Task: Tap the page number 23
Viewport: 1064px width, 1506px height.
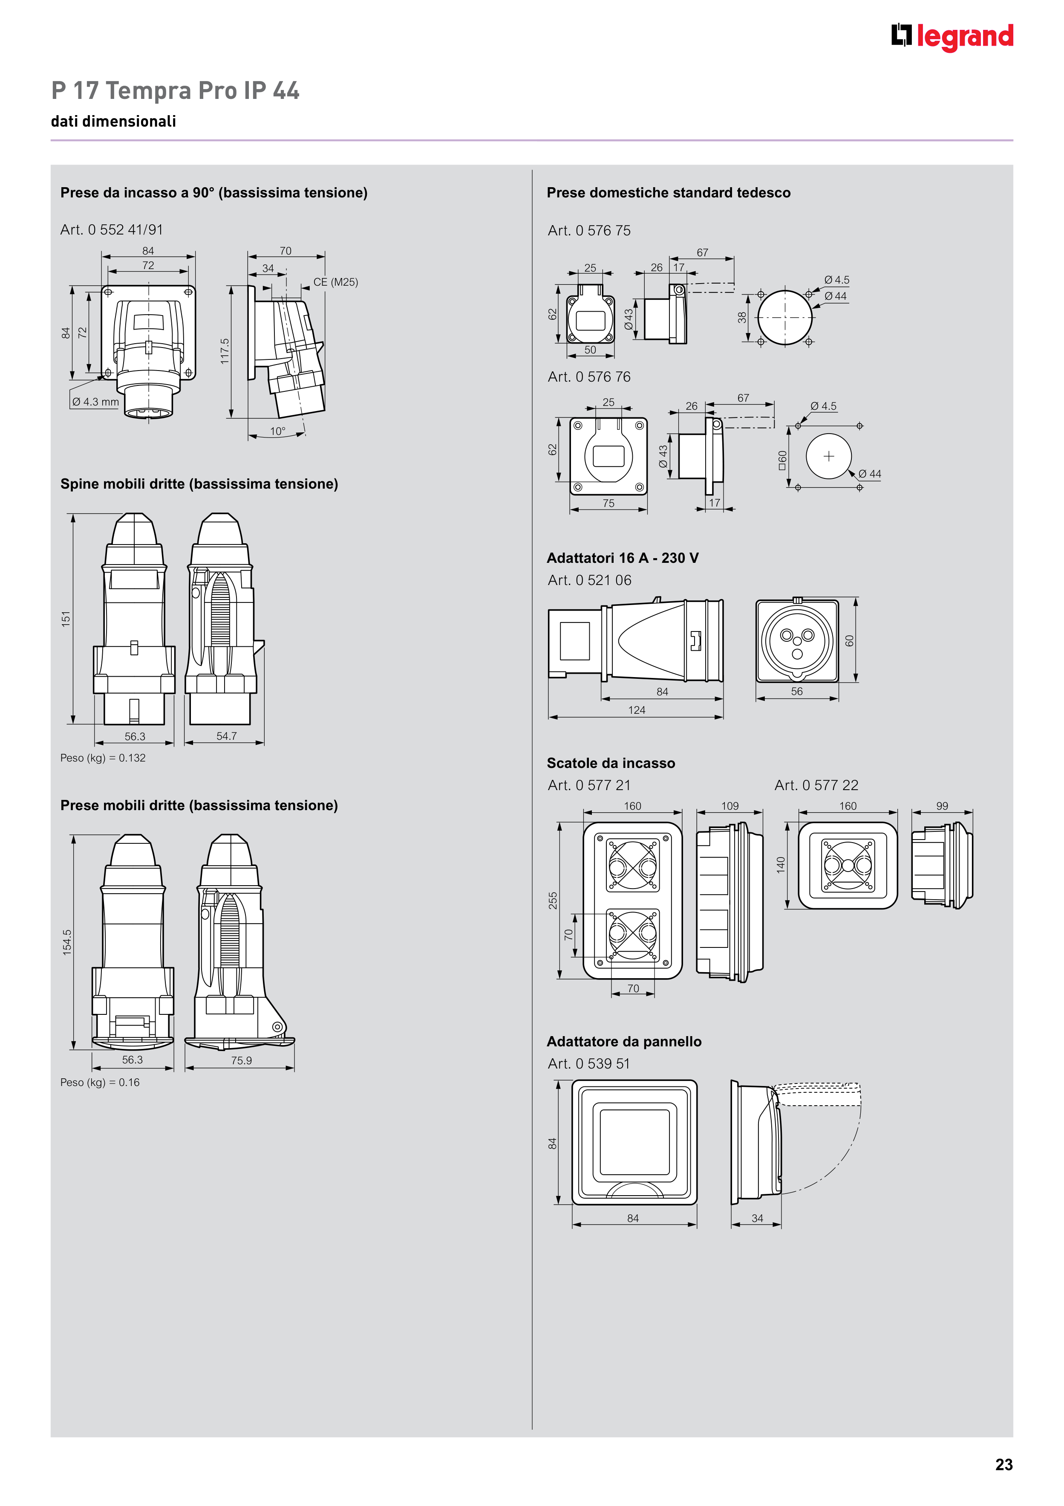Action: (x=1003, y=1465)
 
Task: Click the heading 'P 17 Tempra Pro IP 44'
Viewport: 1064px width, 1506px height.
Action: (x=175, y=90)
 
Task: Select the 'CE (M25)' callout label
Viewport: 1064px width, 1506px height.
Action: (x=336, y=282)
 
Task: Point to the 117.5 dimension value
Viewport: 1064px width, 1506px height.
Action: (x=225, y=352)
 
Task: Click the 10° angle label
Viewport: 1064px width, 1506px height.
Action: (x=278, y=432)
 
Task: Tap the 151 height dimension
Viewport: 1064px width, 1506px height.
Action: (x=66, y=619)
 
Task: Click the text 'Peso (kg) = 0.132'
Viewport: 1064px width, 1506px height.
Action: (x=103, y=758)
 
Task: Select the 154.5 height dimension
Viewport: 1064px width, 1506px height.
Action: (x=67, y=942)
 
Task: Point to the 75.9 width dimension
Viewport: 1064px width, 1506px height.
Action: (x=241, y=1060)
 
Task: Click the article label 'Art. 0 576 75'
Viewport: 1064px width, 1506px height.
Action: (x=589, y=231)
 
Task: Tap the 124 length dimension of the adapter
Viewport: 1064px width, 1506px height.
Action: (x=637, y=710)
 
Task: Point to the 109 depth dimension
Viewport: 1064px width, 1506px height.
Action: (x=730, y=806)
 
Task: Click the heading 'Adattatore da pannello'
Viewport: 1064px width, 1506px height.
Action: (x=624, y=1042)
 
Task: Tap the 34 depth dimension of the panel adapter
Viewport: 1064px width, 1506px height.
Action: (x=757, y=1218)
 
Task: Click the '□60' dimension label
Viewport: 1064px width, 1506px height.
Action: (x=782, y=460)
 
